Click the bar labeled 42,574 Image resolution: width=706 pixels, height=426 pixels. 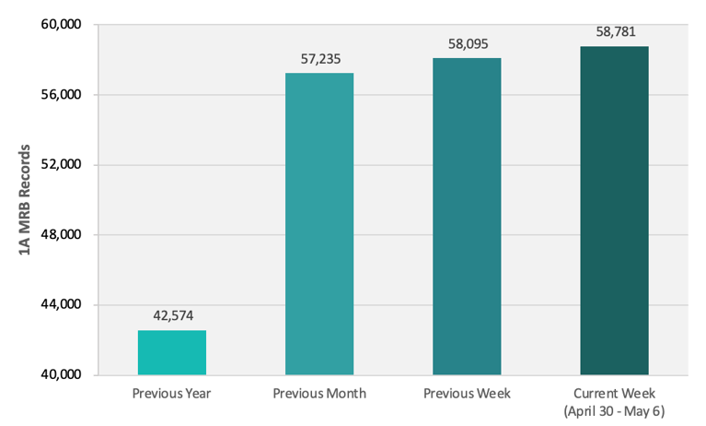pyautogui.click(x=171, y=352)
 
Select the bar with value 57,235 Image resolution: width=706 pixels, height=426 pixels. pyautogui.click(x=319, y=224)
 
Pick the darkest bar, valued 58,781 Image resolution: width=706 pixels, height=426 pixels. pyautogui.click(x=614, y=211)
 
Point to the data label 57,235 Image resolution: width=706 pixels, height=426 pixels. pyautogui.click(x=319, y=58)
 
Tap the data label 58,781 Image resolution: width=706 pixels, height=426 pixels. pyautogui.click(x=614, y=31)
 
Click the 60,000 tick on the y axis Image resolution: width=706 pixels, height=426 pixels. pyautogui.click(x=63, y=25)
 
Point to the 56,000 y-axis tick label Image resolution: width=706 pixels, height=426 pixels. pyautogui.click(x=63, y=95)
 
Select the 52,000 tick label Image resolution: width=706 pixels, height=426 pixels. pyautogui.click(x=63, y=165)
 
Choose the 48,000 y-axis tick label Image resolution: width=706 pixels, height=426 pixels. pyautogui.click(x=63, y=235)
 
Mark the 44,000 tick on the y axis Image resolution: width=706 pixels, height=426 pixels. pyautogui.click(x=63, y=305)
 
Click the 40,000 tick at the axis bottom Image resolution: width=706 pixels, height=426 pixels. pyautogui.click(x=63, y=375)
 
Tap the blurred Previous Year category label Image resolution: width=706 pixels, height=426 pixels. pyautogui.click(x=172, y=393)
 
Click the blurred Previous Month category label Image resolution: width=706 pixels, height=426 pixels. pyautogui.click(x=319, y=393)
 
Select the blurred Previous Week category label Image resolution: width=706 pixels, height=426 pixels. pyautogui.click(x=467, y=393)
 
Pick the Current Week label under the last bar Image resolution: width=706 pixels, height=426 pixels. pyautogui.click(x=614, y=393)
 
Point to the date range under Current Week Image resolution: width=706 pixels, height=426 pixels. pyautogui.click(x=614, y=408)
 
